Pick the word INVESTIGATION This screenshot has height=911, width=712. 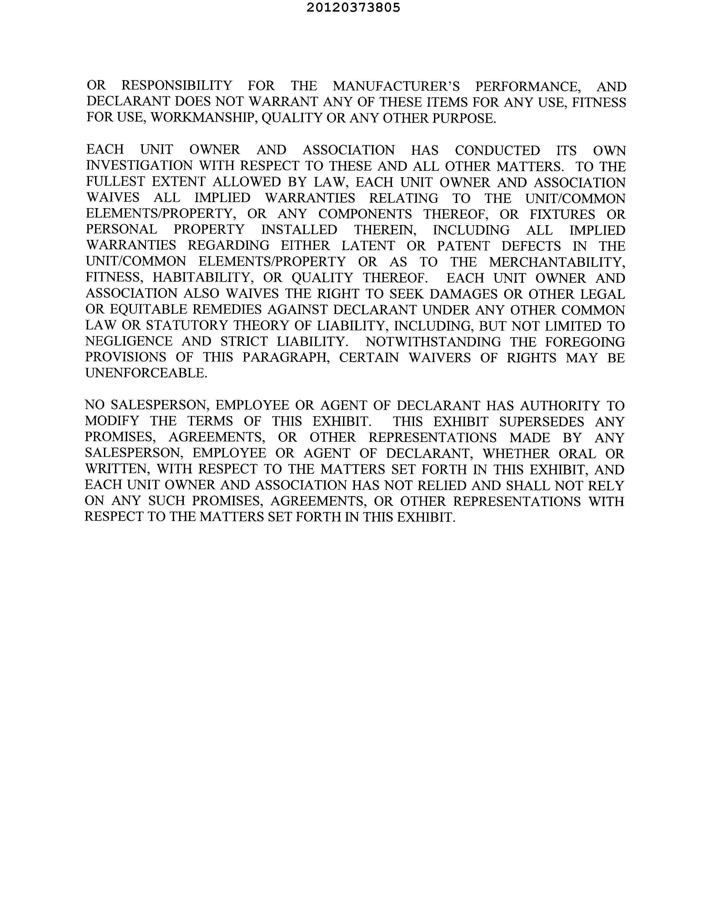tap(139, 166)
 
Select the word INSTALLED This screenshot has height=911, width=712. tap(299, 230)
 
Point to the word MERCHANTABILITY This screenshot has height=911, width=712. tap(557, 262)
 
